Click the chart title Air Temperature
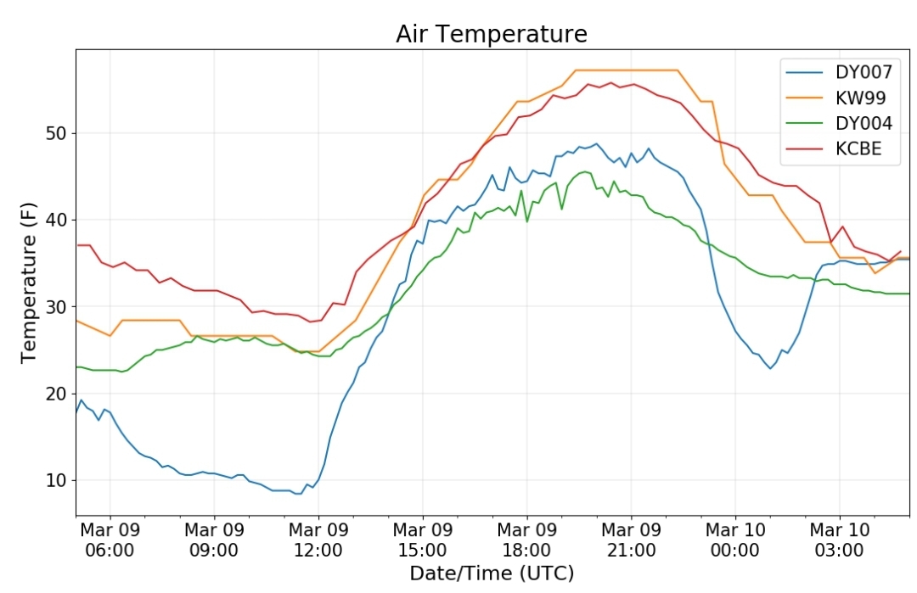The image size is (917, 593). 492,34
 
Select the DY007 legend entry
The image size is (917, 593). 839,72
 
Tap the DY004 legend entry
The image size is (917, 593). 839,123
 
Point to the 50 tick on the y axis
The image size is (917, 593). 56,133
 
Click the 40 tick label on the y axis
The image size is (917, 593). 56,221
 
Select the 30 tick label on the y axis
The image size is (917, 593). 56,307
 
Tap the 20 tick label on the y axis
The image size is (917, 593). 56,394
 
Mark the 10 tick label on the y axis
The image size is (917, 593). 56,480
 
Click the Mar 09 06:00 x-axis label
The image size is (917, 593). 110,540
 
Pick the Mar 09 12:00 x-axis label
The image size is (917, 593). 318,540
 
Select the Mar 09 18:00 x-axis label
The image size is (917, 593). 527,540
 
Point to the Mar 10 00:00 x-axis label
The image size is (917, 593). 735,540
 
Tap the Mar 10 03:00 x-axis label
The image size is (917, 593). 840,540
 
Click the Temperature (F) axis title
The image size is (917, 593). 28,283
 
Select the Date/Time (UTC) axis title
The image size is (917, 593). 492,573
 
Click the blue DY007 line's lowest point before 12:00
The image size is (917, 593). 298,494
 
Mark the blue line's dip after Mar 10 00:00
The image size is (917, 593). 770,368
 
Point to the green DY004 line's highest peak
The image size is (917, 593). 584,171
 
